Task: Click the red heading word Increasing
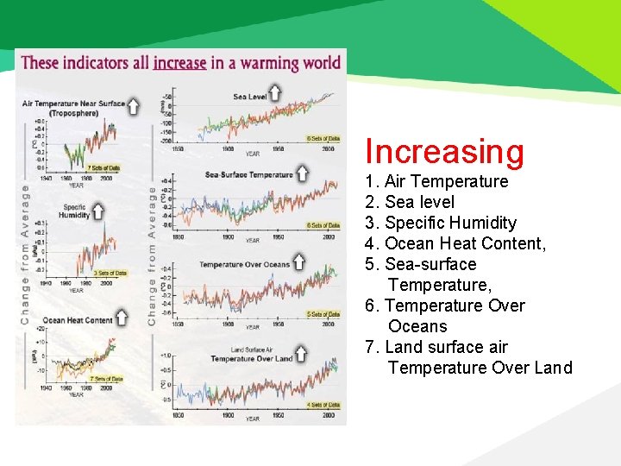[x=444, y=151]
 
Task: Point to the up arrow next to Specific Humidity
[x=97, y=210]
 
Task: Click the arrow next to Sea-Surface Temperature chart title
[x=302, y=173]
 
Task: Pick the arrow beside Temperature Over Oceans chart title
[x=298, y=260]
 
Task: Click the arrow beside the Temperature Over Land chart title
[x=301, y=353]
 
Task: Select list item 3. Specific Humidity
[x=441, y=223]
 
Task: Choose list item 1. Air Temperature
[x=436, y=181]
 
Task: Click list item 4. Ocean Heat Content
[x=455, y=243]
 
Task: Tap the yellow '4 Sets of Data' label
[x=323, y=404]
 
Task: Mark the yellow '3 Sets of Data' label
[x=110, y=273]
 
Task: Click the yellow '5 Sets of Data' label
[x=323, y=314]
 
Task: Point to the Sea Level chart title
[x=249, y=97]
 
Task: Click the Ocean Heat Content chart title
[x=78, y=320]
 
